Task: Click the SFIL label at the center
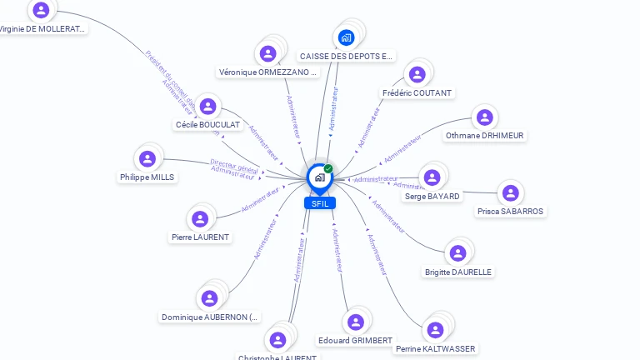pos(319,203)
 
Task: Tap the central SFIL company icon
pos(319,177)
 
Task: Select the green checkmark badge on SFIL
pos(328,169)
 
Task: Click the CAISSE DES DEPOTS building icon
pos(346,37)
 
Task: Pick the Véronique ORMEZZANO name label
pos(268,72)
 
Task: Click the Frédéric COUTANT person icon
pos(416,76)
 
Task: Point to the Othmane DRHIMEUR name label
pos(485,135)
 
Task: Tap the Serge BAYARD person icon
pos(432,177)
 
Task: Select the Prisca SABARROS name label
pos(511,212)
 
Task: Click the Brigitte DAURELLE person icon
pos(457,253)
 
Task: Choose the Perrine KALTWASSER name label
pos(435,349)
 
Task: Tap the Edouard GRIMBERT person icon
pos(356,322)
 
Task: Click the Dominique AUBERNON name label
pos(210,317)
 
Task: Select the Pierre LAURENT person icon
pos(200,219)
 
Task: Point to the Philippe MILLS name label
pos(147,177)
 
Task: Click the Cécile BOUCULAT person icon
pos(208,107)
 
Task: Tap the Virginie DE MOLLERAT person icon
pos(41,11)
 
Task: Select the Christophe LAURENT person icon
pos(277,339)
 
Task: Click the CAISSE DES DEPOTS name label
pos(346,57)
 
